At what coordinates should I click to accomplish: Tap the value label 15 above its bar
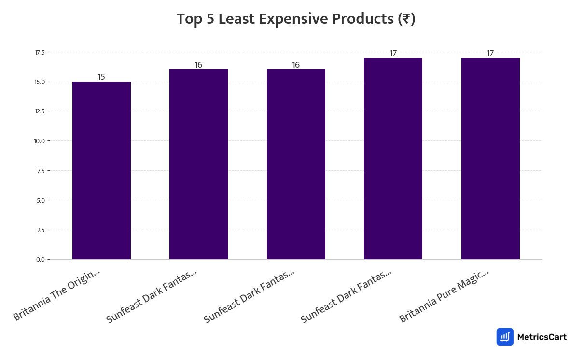tap(101, 77)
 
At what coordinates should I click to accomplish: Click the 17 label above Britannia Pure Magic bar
tap(490, 54)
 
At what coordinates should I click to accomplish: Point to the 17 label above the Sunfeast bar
tap(393, 54)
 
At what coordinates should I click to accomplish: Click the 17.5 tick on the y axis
tap(40, 52)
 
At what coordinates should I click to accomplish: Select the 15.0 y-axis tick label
tap(40, 82)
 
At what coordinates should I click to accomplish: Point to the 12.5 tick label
tap(40, 111)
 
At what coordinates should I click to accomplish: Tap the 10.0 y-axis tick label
tap(40, 141)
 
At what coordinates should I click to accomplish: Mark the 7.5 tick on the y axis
tap(41, 171)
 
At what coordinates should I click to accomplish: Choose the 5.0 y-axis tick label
tap(41, 200)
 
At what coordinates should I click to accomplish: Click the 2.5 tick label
tap(41, 230)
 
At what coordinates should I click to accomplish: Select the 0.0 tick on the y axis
tap(41, 260)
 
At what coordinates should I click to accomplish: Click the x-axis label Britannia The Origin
tap(57, 295)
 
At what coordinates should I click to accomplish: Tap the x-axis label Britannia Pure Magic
tap(444, 296)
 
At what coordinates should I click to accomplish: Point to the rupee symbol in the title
tap(406, 19)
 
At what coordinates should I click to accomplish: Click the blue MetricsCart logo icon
tap(505, 337)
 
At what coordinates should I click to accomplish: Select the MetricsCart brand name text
tap(541, 337)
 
